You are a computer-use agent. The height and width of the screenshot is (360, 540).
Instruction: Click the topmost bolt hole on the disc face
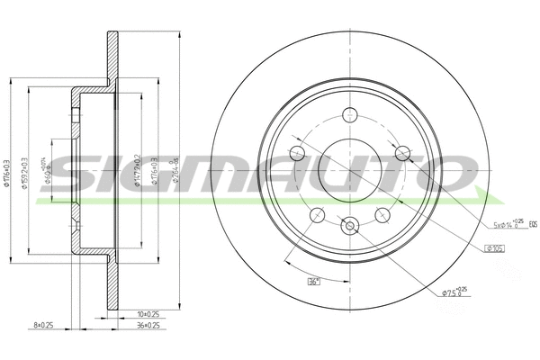point(349,114)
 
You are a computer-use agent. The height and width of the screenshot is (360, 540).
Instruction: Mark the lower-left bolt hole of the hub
point(316,214)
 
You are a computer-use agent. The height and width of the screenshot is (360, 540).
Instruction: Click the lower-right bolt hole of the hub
point(382,214)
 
